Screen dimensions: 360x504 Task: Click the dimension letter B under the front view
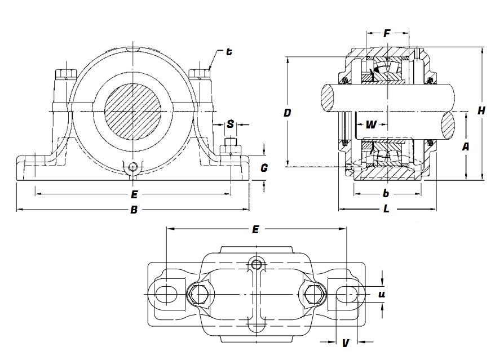tap(134, 210)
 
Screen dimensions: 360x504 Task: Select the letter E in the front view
tap(134, 195)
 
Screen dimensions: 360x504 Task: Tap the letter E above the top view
tap(255, 229)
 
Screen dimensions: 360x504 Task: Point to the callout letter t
tap(229, 52)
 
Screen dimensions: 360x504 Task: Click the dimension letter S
tap(230, 124)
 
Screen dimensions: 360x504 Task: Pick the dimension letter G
tap(264, 168)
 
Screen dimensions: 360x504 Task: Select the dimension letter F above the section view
tap(387, 34)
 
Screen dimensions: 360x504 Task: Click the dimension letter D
tap(288, 113)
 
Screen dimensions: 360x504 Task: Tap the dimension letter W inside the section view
tap(371, 125)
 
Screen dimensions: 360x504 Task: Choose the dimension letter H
tap(481, 111)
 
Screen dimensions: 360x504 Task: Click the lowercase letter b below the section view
tap(386, 194)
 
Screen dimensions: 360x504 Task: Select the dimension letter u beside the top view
tap(382, 294)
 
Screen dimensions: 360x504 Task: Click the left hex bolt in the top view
tap(198, 293)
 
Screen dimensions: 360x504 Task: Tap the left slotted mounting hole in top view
tap(165, 294)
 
